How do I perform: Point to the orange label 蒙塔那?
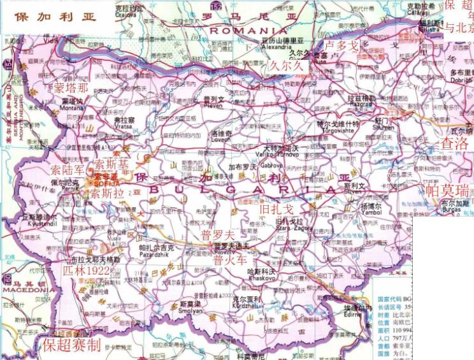click(x=71, y=87)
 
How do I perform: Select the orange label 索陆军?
click(x=68, y=170)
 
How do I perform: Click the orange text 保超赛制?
click(x=72, y=345)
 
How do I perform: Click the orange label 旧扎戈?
click(x=277, y=208)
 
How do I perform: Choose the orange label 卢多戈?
click(x=342, y=45)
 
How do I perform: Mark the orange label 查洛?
click(x=455, y=143)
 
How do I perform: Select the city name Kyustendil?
click(x=41, y=225)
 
